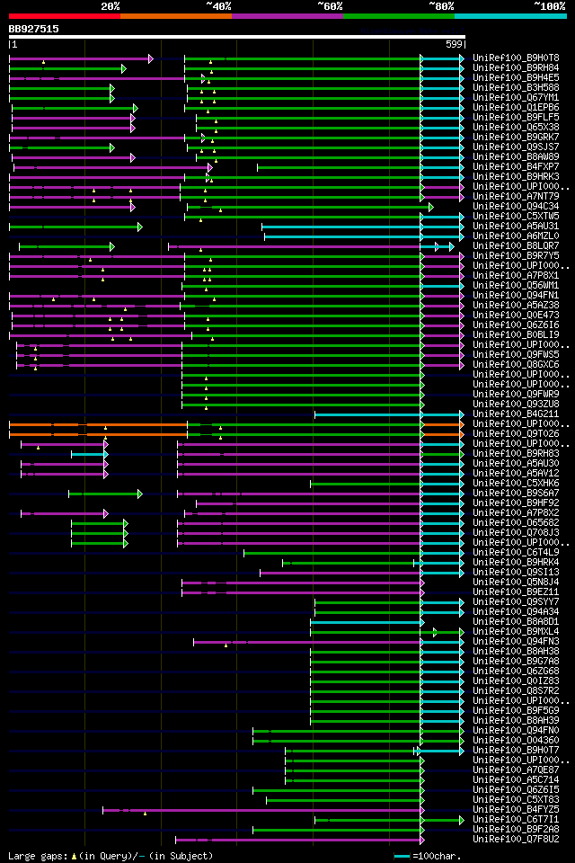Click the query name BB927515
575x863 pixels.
click(34, 29)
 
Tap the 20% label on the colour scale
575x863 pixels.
click(110, 5)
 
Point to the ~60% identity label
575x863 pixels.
click(330, 5)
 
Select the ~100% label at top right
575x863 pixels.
click(549, 5)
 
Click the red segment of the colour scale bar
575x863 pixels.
click(64, 15)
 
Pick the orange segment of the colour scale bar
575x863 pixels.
click(175, 15)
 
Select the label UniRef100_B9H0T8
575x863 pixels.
click(516, 58)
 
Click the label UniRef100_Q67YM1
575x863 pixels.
click(516, 97)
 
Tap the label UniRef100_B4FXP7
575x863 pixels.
click(516, 166)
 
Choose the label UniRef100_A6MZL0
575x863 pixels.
click(516, 236)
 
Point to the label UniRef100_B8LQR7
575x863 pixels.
click(516, 245)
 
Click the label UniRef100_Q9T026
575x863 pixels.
click(516, 433)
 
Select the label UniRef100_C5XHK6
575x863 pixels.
click(516, 483)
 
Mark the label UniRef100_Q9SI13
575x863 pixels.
click(516, 572)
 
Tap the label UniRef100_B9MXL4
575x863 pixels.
click(516, 631)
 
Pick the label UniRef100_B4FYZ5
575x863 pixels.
click(516, 809)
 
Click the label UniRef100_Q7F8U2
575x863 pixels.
click(516, 839)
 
